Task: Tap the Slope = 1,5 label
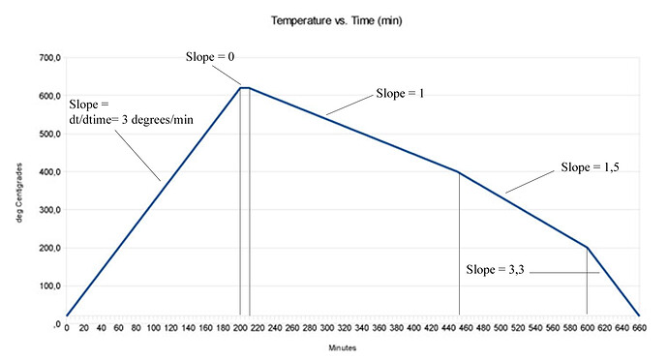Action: (592, 167)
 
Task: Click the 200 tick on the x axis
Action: (240, 328)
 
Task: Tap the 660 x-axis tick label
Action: (639, 328)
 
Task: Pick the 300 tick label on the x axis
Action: (327, 328)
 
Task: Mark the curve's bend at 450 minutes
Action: (458, 172)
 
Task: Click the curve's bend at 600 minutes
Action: (587, 248)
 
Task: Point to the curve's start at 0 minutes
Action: (66, 315)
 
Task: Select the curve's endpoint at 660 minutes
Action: (639, 315)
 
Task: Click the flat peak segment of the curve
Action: (245, 88)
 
